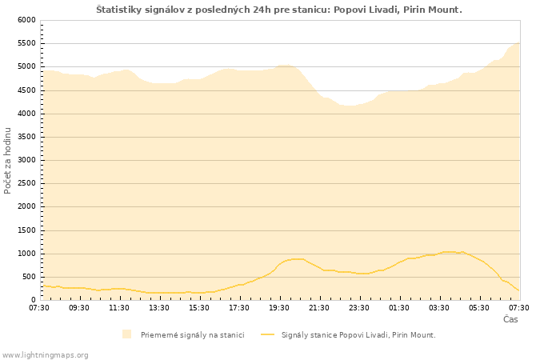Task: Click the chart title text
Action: pos(279,10)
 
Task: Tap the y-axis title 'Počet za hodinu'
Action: pos(8,160)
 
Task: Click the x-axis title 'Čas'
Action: pos(510,319)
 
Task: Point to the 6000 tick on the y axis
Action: pos(26,20)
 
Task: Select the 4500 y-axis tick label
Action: pos(26,90)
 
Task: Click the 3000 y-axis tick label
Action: pos(26,160)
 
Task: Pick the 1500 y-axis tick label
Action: pos(26,230)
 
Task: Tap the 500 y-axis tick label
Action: pos(29,277)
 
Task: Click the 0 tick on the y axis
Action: pos(34,300)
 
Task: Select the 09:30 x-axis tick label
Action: pos(79,308)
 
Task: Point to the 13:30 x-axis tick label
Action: pos(159,308)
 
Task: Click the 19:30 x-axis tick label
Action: pos(279,308)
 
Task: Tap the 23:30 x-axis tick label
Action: pos(359,308)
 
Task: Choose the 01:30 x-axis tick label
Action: pos(399,308)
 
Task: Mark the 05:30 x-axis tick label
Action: pos(479,308)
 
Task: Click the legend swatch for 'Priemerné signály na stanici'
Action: pos(126,334)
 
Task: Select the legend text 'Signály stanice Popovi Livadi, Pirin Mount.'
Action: pos(358,334)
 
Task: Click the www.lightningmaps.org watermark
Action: pos(46,354)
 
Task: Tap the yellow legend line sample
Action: pos(267,334)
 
